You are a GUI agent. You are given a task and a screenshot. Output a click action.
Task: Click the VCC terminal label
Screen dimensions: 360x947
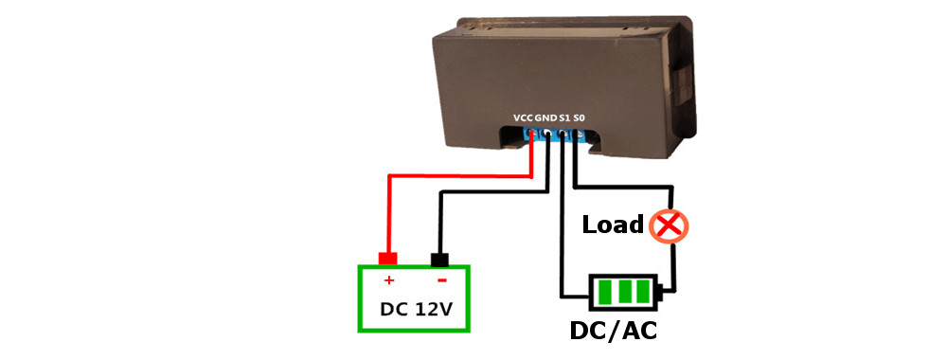point(523,117)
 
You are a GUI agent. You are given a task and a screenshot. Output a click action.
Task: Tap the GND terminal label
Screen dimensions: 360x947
point(546,117)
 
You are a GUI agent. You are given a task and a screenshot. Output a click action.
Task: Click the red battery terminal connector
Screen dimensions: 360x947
point(387,259)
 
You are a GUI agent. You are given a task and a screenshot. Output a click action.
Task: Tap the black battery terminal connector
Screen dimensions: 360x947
point(440,259)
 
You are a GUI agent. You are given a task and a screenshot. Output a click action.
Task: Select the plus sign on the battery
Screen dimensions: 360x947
point(388,281)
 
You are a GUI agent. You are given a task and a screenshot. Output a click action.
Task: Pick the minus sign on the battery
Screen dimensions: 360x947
point(440,281)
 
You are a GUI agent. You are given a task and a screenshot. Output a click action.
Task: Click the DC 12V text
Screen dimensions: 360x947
point(414,309)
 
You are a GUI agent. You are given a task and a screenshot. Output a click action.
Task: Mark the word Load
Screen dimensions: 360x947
point(613,225)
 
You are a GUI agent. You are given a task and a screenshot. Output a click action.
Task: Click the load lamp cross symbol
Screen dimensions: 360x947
point(671,225)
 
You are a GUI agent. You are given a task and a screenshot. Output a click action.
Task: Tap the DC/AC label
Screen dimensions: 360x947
point(613,332)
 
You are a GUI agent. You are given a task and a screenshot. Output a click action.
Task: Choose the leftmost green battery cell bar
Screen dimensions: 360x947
point(601,291)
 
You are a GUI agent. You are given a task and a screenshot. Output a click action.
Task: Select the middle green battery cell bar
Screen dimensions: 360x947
point(622,291)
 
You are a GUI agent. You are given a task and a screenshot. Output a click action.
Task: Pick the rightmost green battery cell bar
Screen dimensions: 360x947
point(643,291)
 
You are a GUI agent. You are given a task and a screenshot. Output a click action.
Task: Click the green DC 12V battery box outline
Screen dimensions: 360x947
point(359,298)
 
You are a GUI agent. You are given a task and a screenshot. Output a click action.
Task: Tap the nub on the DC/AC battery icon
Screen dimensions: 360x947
point(661,292)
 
